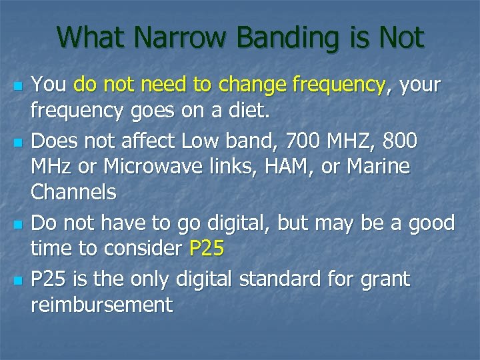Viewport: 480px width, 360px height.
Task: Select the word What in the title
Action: click(x=92, y=37)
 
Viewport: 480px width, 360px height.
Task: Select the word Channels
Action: click(x=74, y=193)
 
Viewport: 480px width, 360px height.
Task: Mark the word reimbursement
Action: click(x=102, y=305)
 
